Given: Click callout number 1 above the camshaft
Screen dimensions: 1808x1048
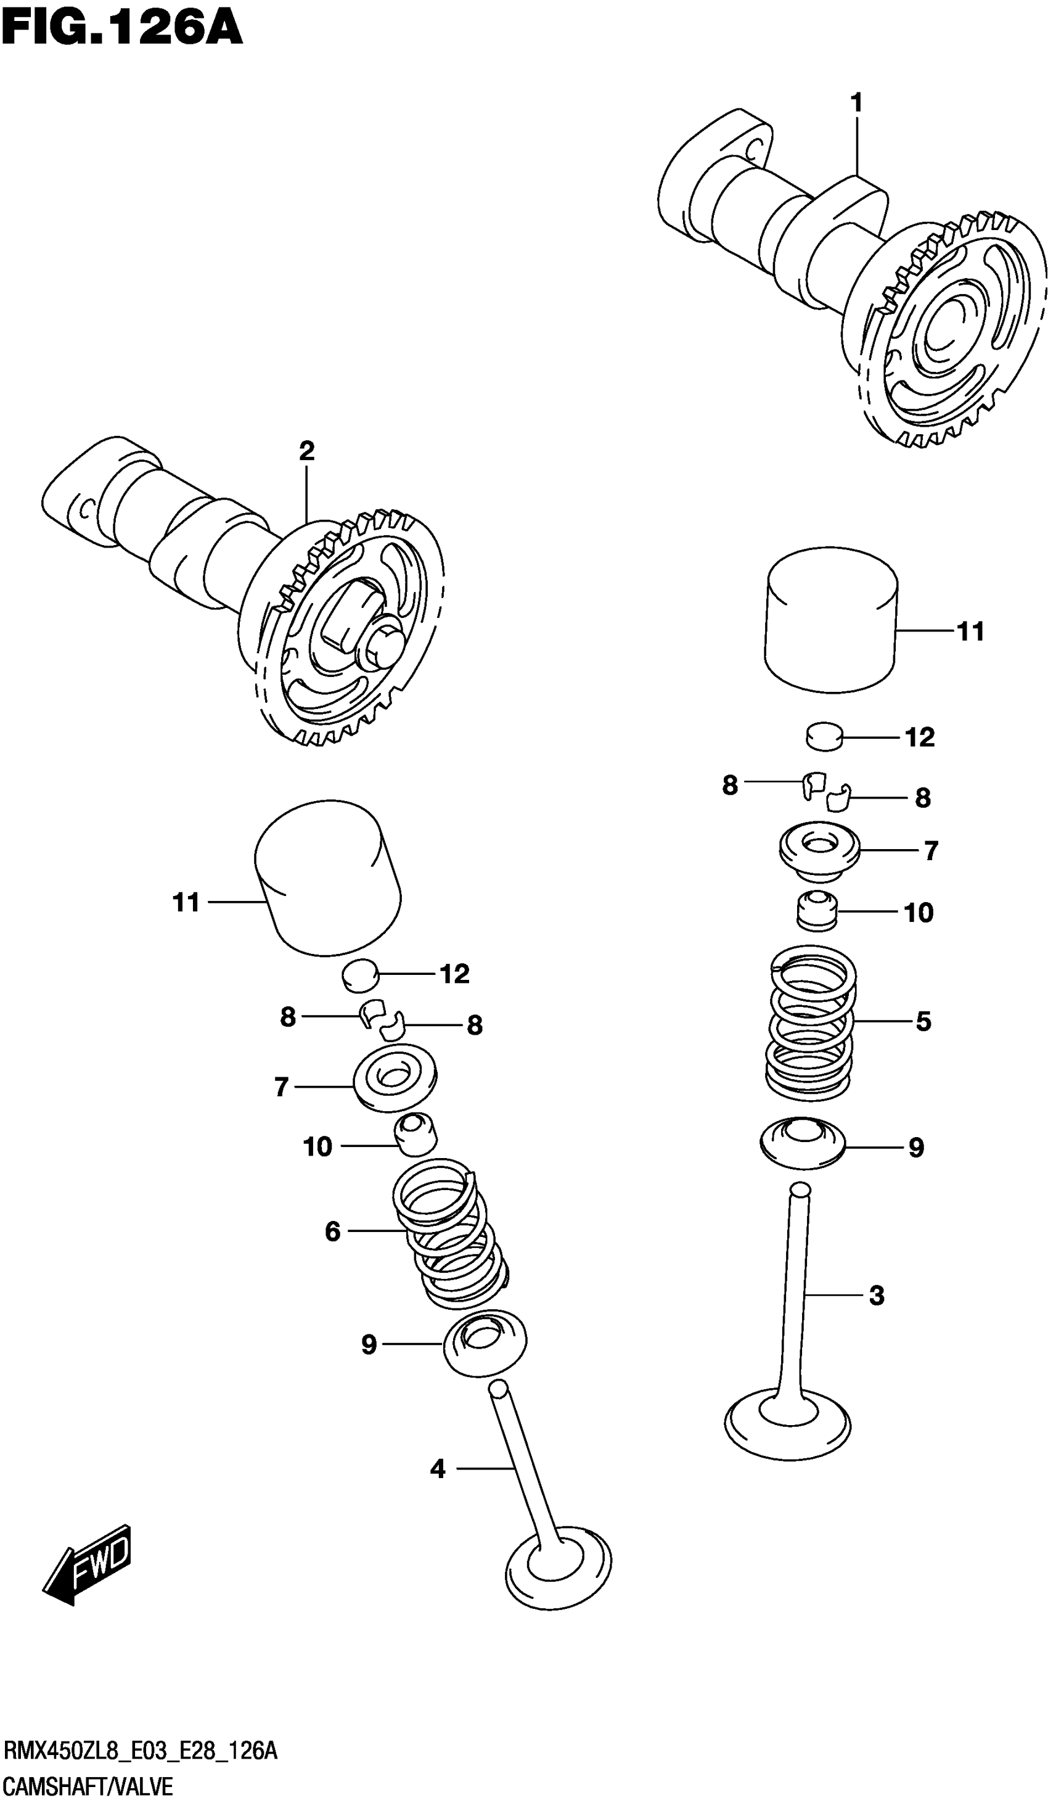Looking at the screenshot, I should [x=856, y=104].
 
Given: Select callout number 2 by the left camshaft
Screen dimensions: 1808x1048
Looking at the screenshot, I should [x=306, y=452].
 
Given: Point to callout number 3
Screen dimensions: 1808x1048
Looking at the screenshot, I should [x=876, y=1296].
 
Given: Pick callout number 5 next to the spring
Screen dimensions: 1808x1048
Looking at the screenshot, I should [x=922, y=1022].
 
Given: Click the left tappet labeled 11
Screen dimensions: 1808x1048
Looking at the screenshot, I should [x=328, y=878].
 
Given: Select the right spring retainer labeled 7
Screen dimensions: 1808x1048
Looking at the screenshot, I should [x=819, y=852].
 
